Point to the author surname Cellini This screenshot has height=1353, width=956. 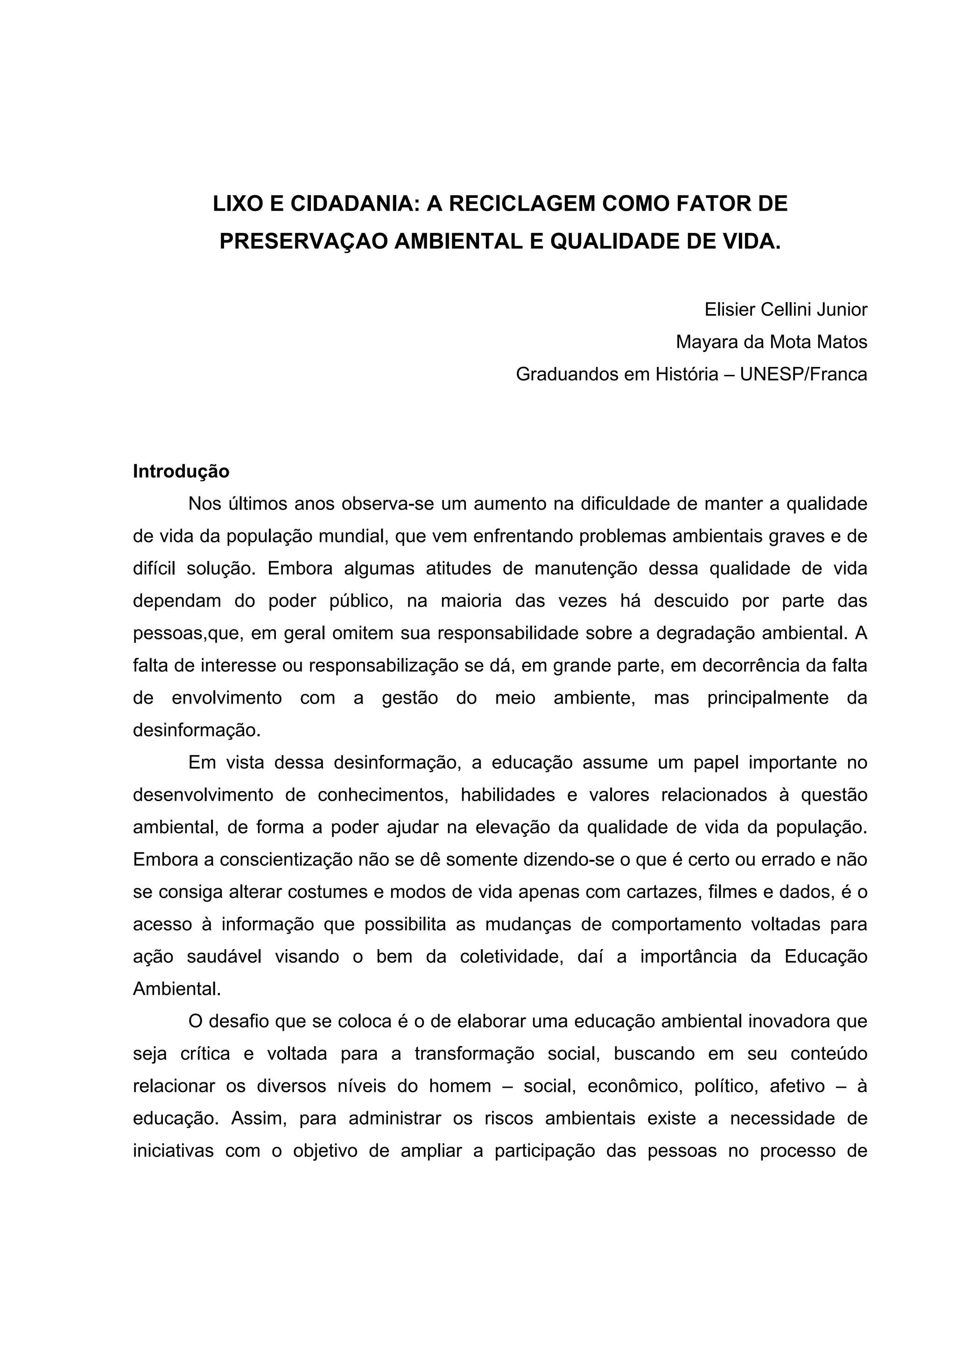(x=790, y=310)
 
